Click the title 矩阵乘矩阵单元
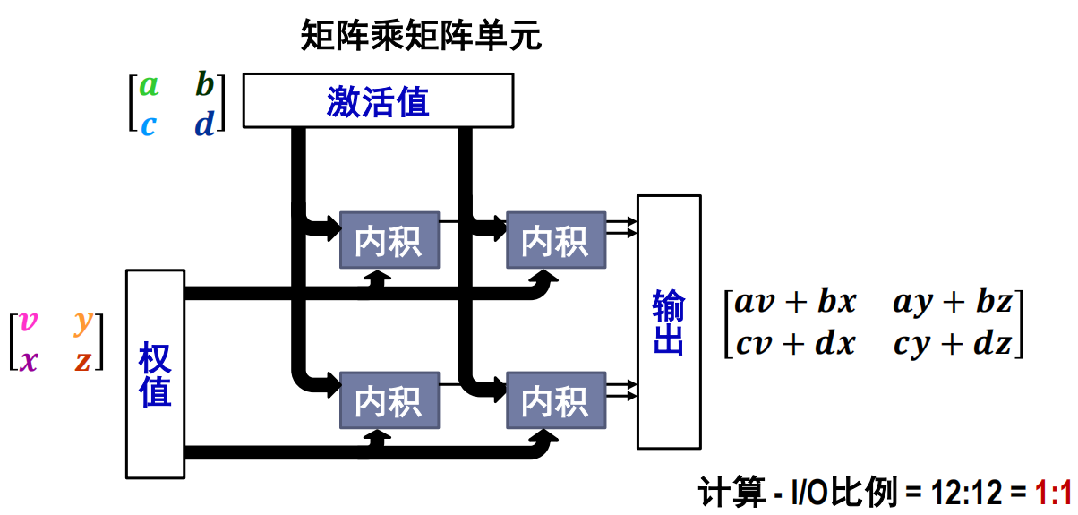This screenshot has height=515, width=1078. pyautogui.click(x=422, y=37)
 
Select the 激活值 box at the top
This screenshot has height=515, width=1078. pyautogui.click(x=378, y=101)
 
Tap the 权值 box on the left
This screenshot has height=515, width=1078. pyautogui.click(x=155, y=373)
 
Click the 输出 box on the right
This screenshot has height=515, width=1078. pyautogui.click(x=668, y=322)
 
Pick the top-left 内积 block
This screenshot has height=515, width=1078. pyautogui.click(x=389, y=240)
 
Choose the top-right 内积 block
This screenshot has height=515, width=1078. pyautogui.click(x=555, y=240)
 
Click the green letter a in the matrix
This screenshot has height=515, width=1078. pyautogui.click(x=149, y=86)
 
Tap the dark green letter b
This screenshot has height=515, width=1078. pyautogui.click(x=205, y=86)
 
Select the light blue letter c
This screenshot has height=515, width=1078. pyautogui.click(x=148, y=124)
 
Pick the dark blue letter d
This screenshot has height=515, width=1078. pyautogui.click(x=205, y=123)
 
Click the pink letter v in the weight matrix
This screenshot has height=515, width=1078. pyautogui.click(x=29, y=322)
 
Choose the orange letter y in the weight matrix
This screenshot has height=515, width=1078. pyautogui.click(x=83, y=322)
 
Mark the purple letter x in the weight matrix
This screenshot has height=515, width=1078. pyautogui.click(x=29, y=360)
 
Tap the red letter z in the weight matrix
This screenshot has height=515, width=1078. pyautogui.click(x=82, y=361)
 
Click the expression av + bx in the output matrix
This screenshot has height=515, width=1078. pyautogui.click(x=795, y=303)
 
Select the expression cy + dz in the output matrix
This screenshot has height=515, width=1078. pyautogui.click(x=953, y=344)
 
